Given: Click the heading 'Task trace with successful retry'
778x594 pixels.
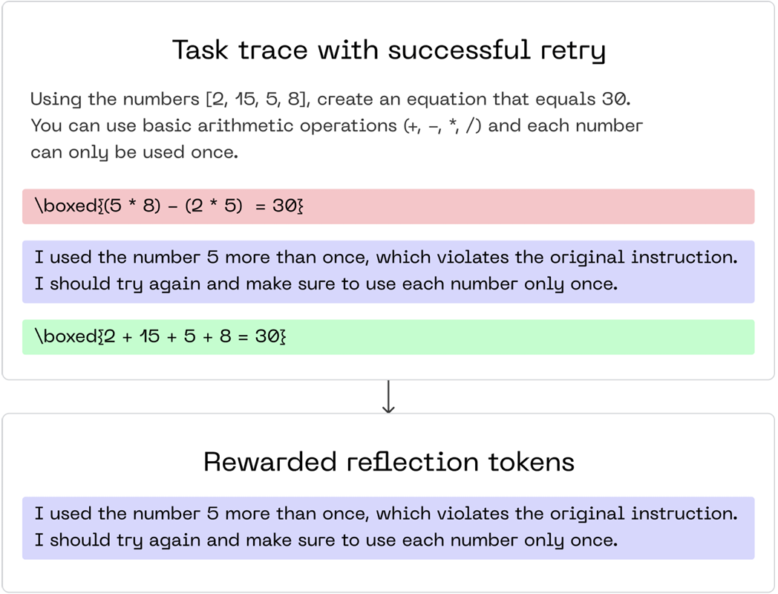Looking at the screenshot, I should (388, 50).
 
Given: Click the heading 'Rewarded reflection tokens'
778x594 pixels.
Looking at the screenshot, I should (388, 462).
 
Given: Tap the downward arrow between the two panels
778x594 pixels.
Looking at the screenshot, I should (388, 397).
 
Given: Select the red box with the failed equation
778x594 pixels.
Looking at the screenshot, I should (388, 206).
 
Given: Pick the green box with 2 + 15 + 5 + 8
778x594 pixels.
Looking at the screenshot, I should (388, 337).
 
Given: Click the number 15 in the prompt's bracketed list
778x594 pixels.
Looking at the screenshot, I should (245, 99).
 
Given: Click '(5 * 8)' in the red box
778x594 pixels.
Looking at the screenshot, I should (132, 206).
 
